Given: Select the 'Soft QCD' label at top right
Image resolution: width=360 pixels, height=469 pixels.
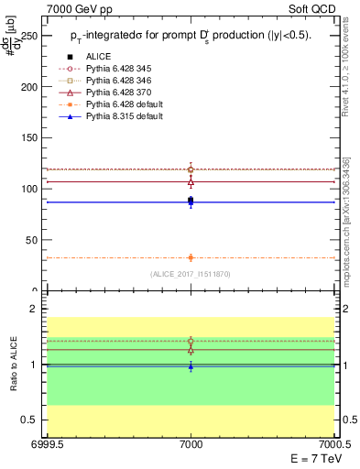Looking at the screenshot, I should click(x=315, y=7).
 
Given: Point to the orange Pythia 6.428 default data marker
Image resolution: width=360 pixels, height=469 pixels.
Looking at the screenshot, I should click(x=191, y=257).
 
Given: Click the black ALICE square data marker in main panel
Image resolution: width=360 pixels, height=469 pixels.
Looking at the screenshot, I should click(x=191, y=200).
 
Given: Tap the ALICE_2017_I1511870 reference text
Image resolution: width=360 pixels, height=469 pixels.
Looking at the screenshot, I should click(x=191, y=274).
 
